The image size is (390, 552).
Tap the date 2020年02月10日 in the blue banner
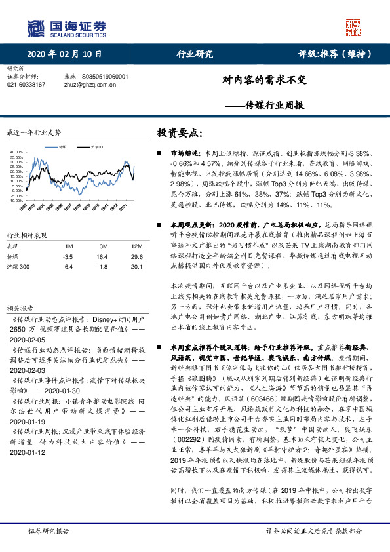pyautogui.click(x=66, y=54)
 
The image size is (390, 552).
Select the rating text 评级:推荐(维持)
pyautogui.click(x=336, y=54)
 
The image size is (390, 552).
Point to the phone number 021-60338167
pyautogui.click(x=26, y=85)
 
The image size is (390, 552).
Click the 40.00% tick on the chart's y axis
pyautogui.click(x=16, y=152)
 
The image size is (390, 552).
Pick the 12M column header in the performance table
pyautogui.click(x=136, y=246)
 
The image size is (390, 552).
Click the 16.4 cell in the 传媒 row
pyautogui.click(x=102, y=258)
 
